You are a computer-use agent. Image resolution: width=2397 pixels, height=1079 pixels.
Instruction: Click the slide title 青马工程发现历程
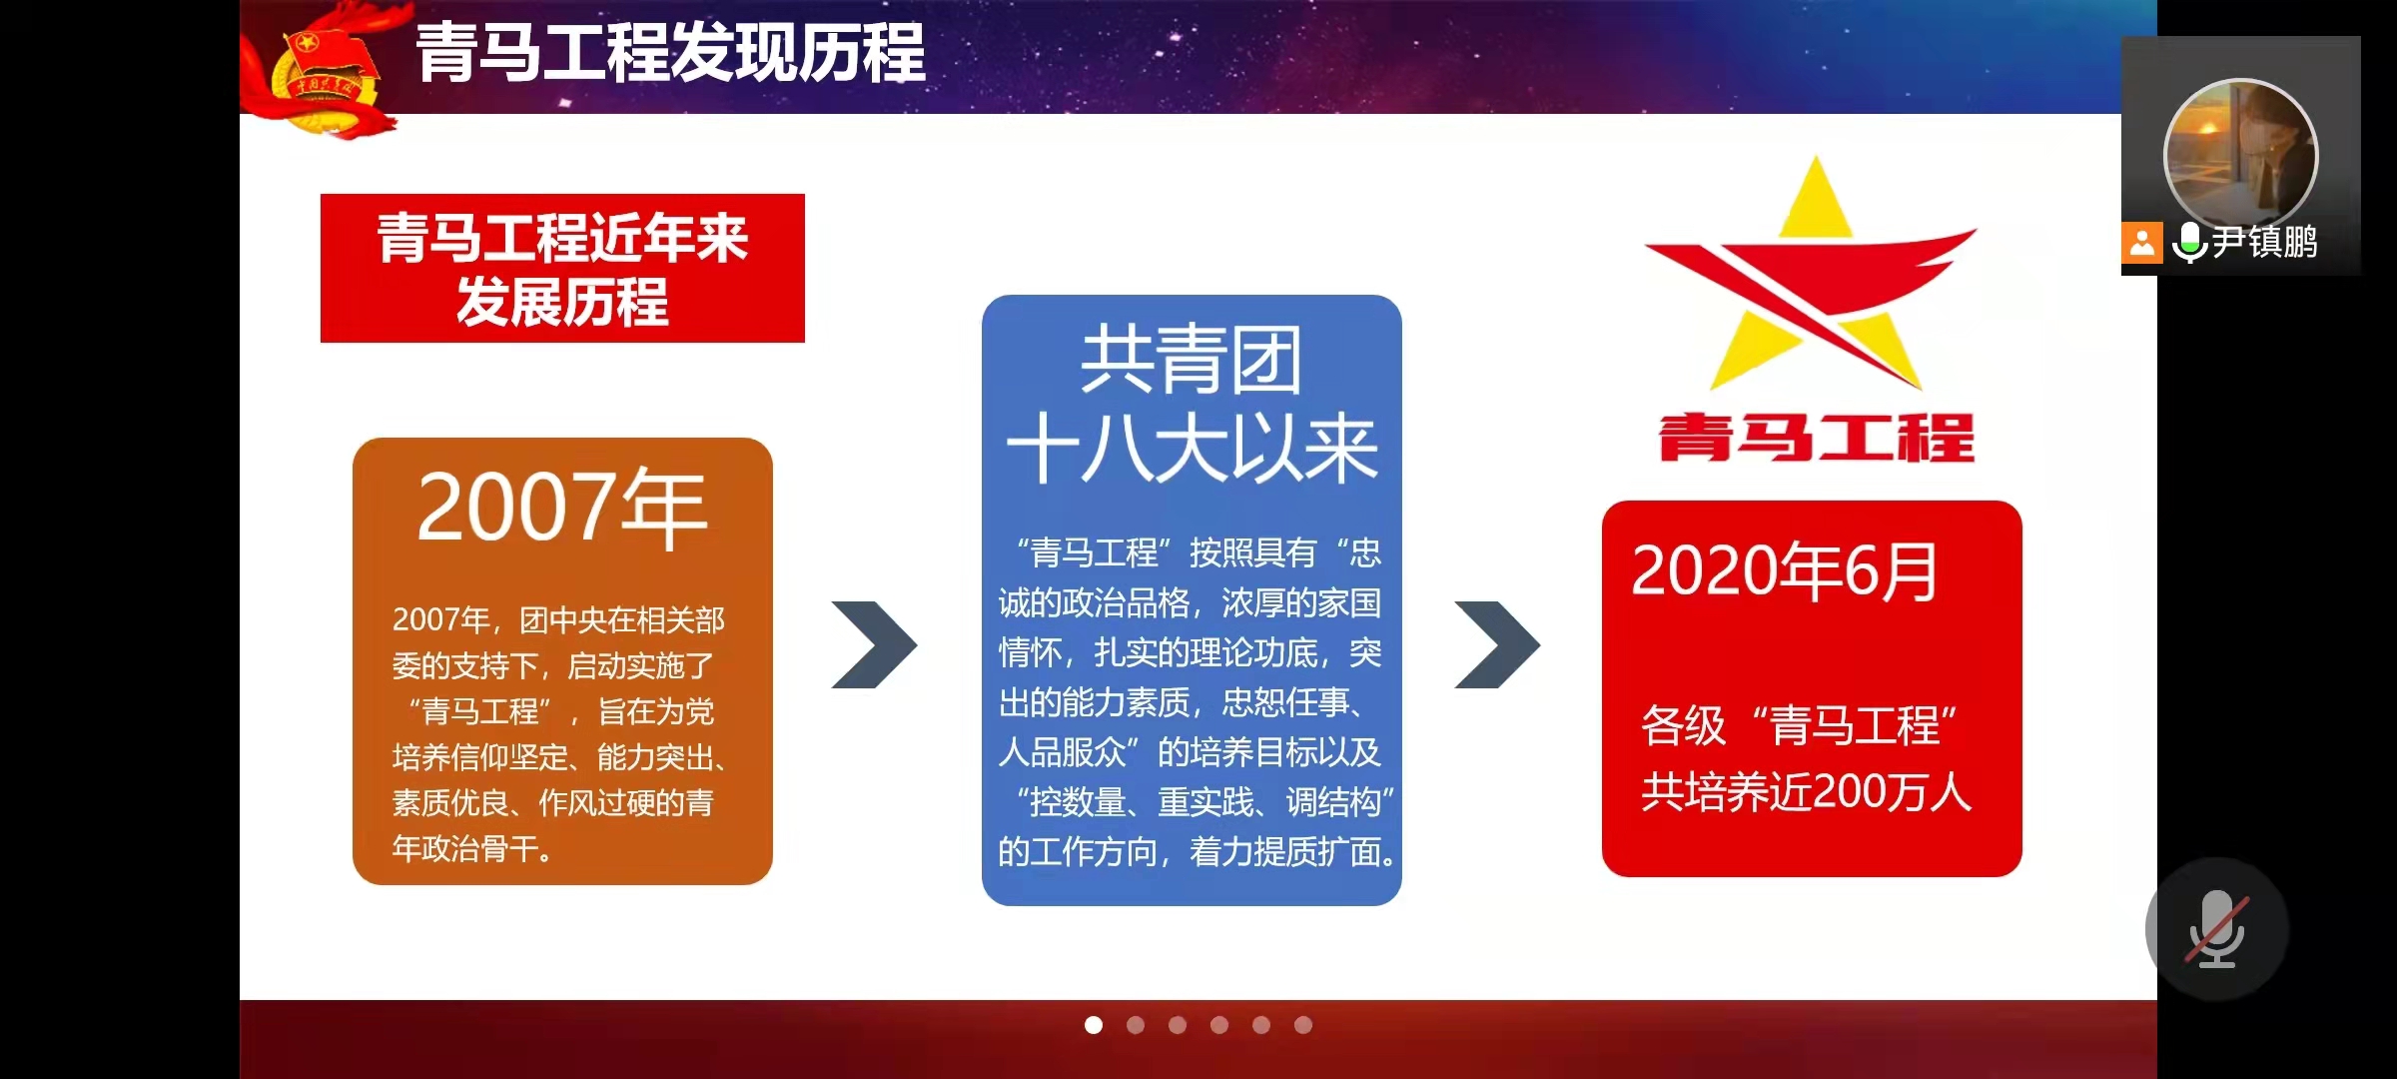tap(670, 53)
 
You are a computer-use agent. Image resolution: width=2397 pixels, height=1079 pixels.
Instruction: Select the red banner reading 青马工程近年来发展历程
tap(562, 268)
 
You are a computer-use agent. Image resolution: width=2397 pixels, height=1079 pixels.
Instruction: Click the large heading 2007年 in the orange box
tap(562, 508)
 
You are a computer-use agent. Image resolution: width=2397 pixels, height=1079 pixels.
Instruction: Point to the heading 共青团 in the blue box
tap(1192, 360)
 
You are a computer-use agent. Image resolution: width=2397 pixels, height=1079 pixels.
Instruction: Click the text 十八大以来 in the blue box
tap(1192, 449)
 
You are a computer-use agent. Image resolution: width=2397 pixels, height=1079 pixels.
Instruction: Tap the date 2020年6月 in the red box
tap(1785, 571)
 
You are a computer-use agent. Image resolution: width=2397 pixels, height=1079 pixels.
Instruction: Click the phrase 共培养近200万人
tap(1807, 792)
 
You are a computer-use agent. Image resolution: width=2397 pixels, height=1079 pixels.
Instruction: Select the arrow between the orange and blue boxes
tap(874, 644)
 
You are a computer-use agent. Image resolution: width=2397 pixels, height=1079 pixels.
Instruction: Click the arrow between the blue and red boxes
tap(1497, 644)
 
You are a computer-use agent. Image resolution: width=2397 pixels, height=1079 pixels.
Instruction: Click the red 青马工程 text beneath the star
tap(1817, 438)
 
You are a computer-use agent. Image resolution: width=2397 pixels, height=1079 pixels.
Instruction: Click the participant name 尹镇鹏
tap(2264, 242)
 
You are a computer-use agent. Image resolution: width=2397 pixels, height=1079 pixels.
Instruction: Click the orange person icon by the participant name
tap(2142, 243)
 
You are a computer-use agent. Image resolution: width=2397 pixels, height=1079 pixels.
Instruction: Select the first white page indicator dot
tap(1094, 1025)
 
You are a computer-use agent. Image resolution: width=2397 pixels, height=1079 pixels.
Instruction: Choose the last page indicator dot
tap(1303, 1025)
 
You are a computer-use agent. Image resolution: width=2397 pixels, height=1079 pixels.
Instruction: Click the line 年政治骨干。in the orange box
tap(472, 849)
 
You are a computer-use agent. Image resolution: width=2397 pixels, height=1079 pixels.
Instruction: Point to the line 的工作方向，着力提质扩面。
tap(1197, 852)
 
